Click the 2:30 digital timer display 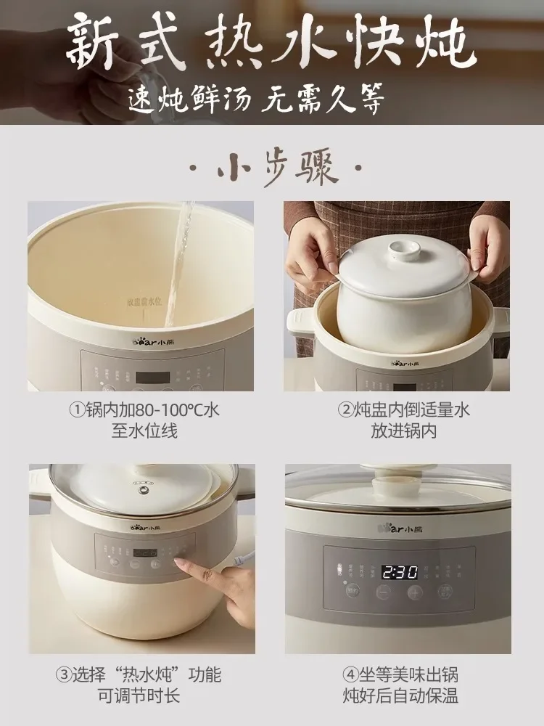(x=400, y=572)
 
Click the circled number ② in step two (x=346, y=410)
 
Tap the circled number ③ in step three (x=64, y=674)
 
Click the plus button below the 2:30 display (x=414, y=592)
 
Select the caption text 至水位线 (x=144, y=431)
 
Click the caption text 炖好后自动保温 (x=401, y=696)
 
